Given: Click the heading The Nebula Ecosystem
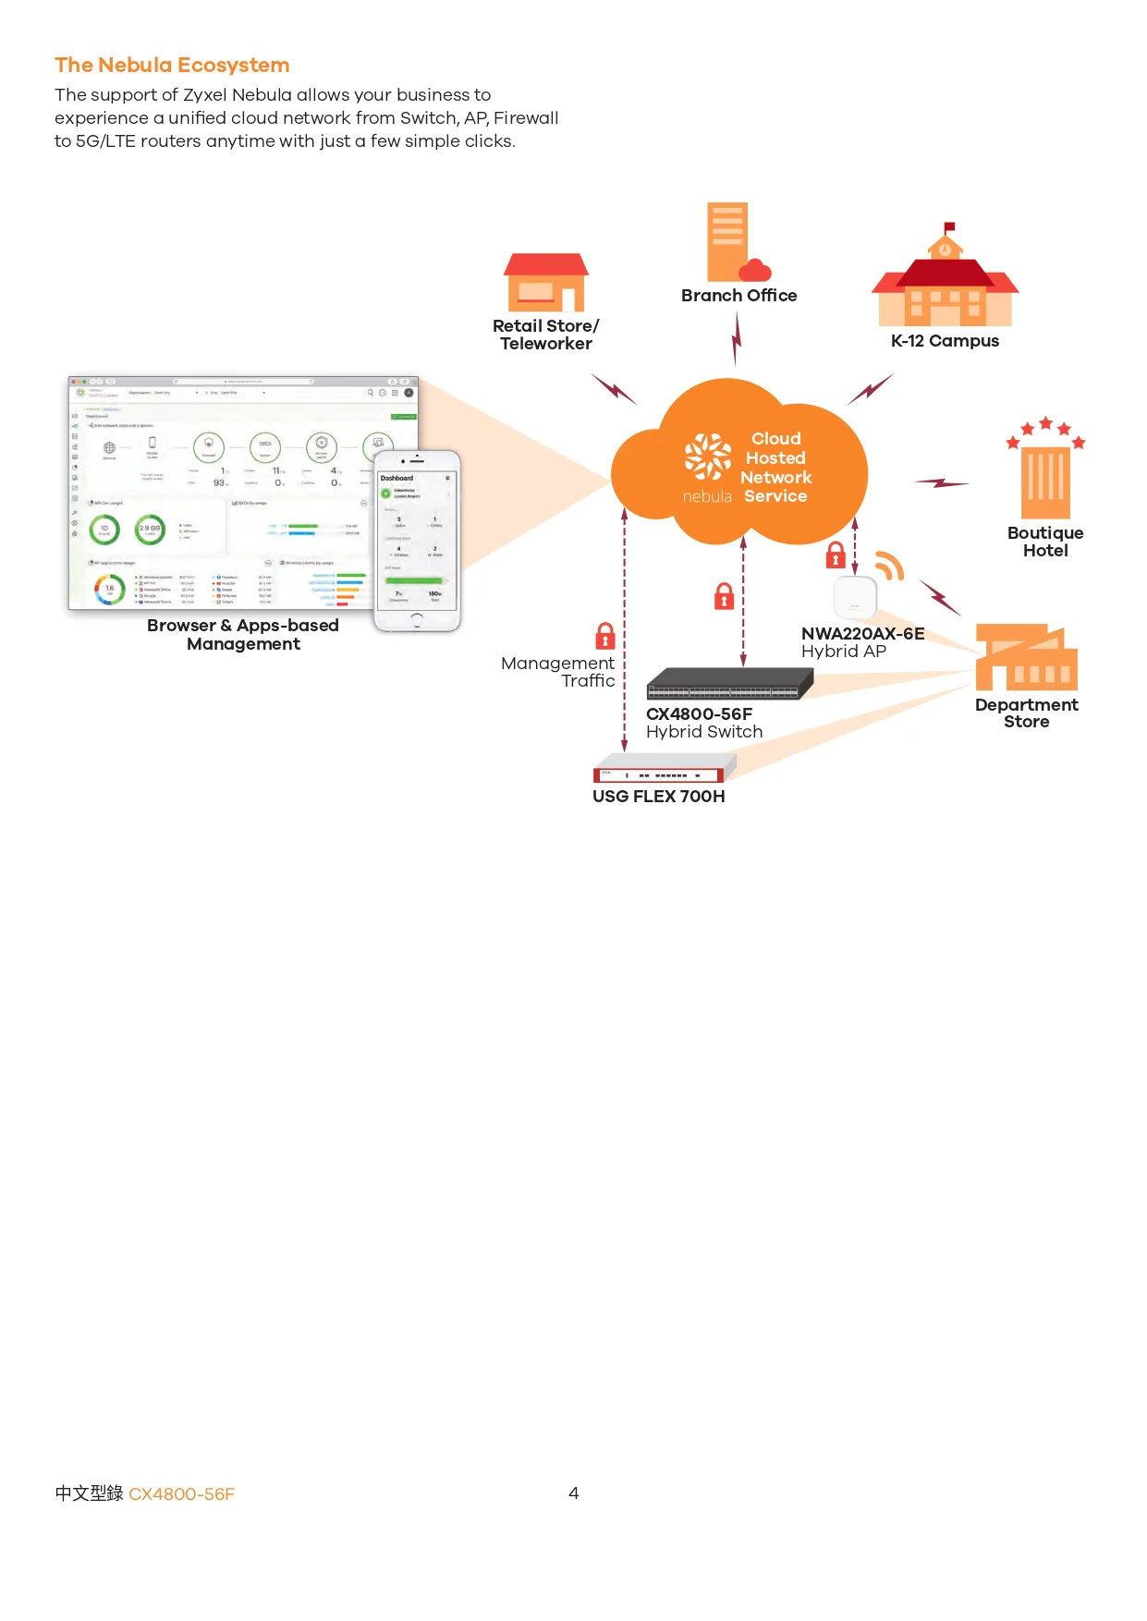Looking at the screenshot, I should tap(172, 65).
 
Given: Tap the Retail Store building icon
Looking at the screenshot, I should tap(545, 283).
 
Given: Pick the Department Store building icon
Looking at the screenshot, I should tap(1026, 658).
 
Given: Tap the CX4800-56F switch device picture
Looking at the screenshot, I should tap(729, 684).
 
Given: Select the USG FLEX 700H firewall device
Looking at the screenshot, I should tap(664, 770).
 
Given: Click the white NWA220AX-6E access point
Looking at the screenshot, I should tap(855, 597).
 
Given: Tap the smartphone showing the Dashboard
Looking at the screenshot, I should tap(417, 542).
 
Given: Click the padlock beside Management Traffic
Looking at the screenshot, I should tap(605, 637).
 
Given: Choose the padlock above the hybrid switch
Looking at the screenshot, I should tap(725, 596).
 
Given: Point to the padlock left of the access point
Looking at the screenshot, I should tap(836, 555).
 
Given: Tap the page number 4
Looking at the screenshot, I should tap(573, 1493).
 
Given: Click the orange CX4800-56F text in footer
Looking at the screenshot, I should tap(181, 1493).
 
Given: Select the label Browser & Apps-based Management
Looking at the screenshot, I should tap(243, 635).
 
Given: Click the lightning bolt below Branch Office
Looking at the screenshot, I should tap(737, 338).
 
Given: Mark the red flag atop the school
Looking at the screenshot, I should tap(949, 226).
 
